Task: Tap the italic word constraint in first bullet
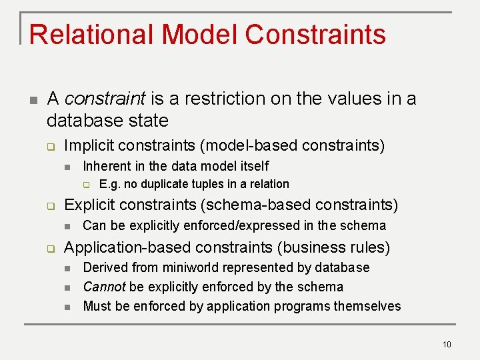coord(105,99)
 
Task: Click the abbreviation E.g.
coord(109,184)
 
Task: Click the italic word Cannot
coord(104,287)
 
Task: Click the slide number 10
coord(446,344)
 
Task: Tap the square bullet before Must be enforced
coord(67,307)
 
